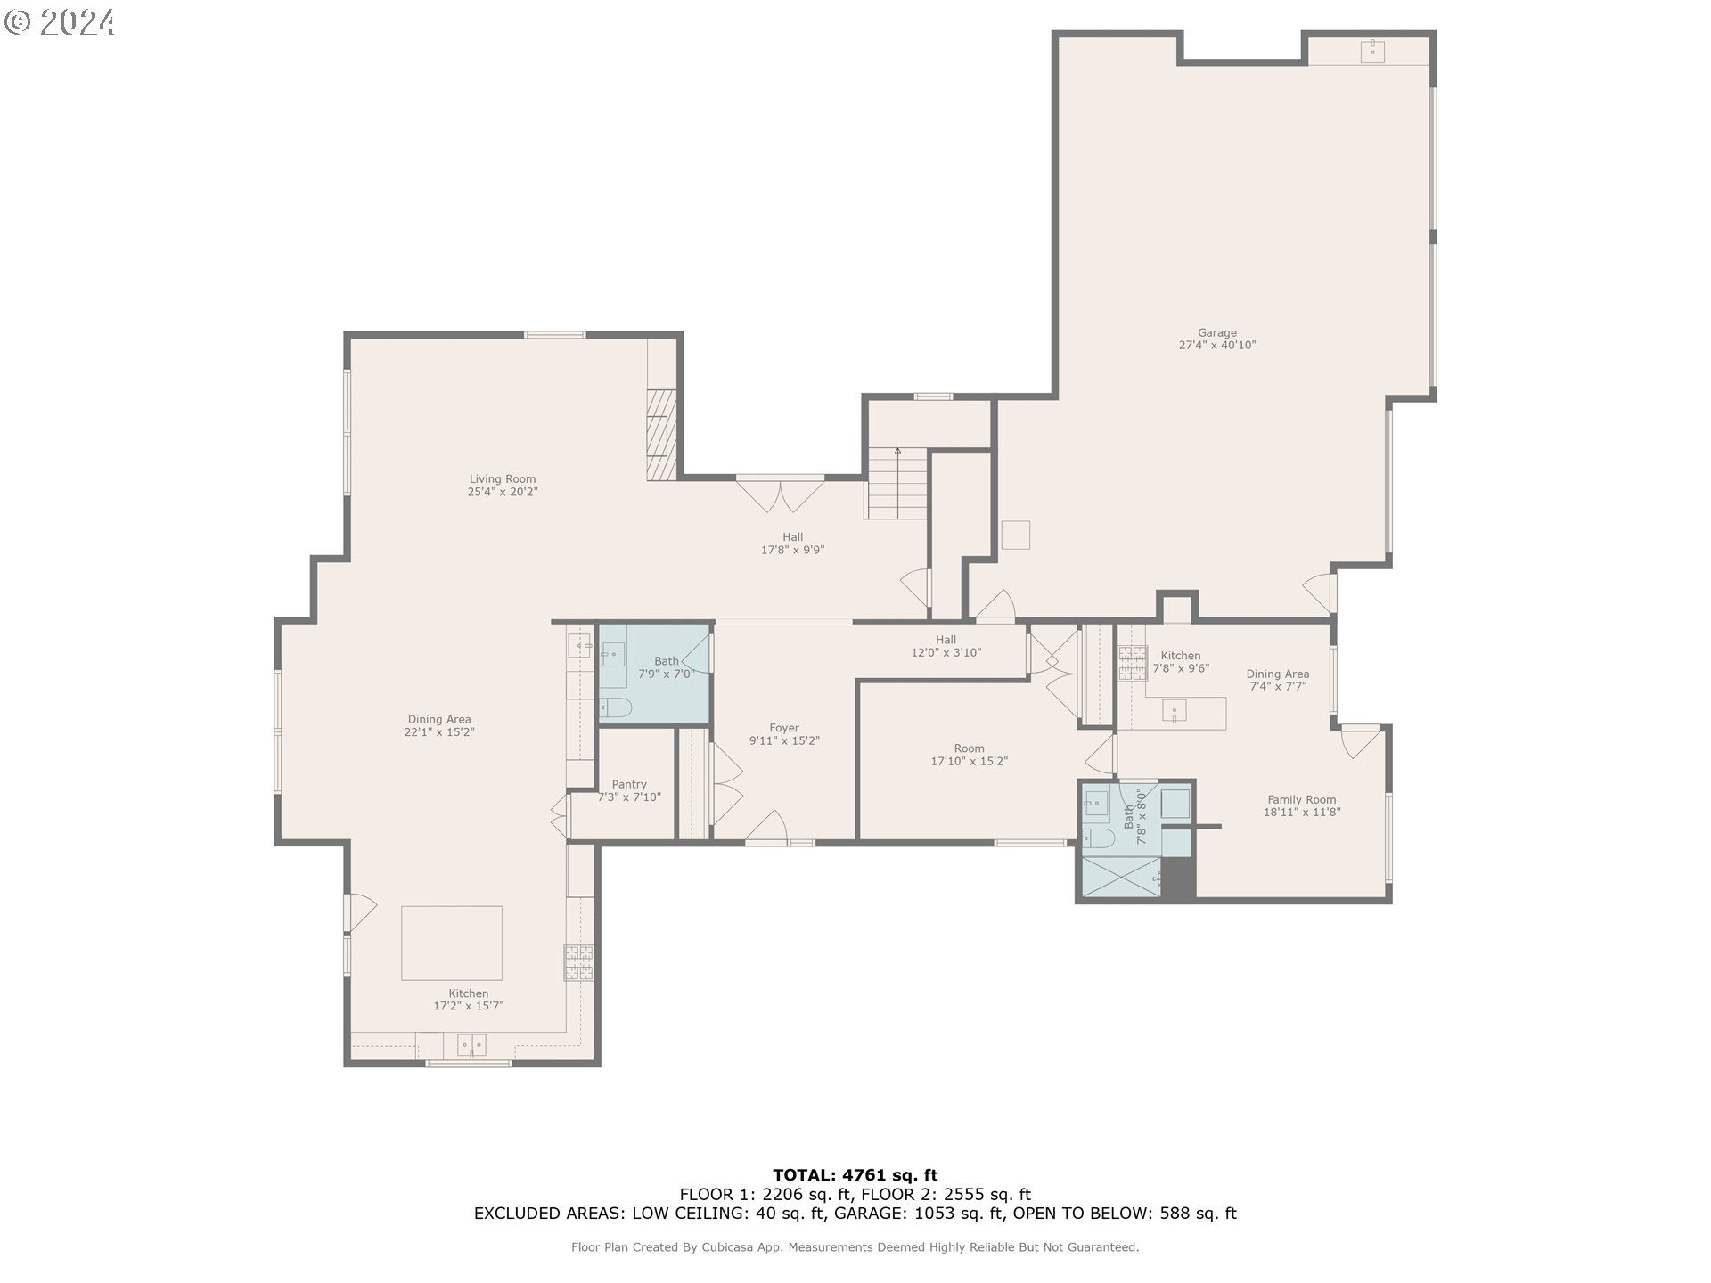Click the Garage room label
pyautogui.click(x=1217, y=333)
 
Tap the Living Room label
pyautogui.click(x=503, y=479)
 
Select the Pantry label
pyautogui.click(x=629, y=785)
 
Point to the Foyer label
pyautogui.click(x=784, y=728)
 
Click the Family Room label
pyautogui.click(x=1302, y=800)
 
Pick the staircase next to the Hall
pyautogui.click(x=897, y=483)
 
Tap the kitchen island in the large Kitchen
pyautogui.click(x=452, y=943)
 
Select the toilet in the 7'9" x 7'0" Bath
pyautogui.click(x=615, y=708)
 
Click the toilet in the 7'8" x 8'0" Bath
pyautogui.click(x=1099, y=838)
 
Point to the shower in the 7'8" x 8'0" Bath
pyautogui.click(x=1121, y=877)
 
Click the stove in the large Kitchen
pyautogui.click(x=578, y=962)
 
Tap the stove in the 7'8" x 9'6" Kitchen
pyautogui.click(x=1133, y=664)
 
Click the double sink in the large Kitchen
pyautogui.click(x=471, y=1044)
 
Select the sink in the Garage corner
pyautogui.click(x=1372, y=51)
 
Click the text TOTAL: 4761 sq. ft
pyautogui.click(x=855, y=1175)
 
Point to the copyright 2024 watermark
pyautogui.click(x=60, y=21)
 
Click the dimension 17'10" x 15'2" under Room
pyautogui.click(x=970, y=762)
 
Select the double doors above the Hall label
pyautogui.click(x=781, y=495)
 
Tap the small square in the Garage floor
pyautogui.click(x=1016, y=535)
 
